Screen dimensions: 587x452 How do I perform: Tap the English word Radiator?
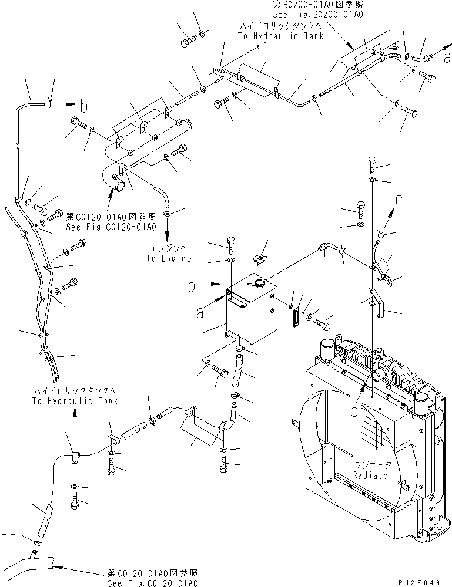click(x=372, y=475)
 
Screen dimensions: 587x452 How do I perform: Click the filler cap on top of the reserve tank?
click(x=257, y=259)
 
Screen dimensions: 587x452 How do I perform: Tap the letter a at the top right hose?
click(x=448, y=58)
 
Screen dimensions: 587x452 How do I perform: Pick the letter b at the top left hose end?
click(x=84, y=107)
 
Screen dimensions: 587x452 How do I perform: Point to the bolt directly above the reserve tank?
click(x=231, y=242)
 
